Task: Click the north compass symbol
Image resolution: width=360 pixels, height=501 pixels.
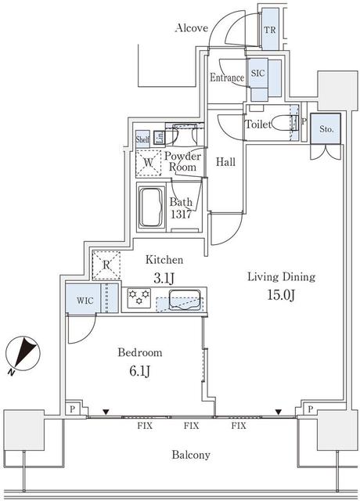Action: tap(23, 355)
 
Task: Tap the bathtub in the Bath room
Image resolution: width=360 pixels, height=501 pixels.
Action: tap(152, 207)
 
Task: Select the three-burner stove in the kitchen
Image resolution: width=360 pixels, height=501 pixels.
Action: tap(139, 297)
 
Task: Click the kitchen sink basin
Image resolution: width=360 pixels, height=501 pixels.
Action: tap(185, 300)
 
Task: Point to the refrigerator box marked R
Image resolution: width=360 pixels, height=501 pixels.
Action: tap(106, 265)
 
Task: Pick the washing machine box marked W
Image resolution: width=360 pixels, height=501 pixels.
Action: tap(148, 163)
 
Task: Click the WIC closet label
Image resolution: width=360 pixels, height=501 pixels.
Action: tap(85, 301)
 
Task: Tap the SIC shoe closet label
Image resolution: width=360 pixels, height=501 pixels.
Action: tap(257, 73)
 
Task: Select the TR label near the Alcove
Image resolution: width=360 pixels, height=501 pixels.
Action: tap(270, 30)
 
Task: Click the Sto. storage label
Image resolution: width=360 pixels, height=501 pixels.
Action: tap(326, 129)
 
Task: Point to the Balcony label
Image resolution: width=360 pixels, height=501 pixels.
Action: tap(191, 455)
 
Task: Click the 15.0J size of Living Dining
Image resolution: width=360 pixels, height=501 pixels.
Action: tap(281, 296)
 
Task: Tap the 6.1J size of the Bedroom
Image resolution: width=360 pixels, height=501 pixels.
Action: tap(140, 371)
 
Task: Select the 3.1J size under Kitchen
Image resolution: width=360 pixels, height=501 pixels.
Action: tap(164, 279)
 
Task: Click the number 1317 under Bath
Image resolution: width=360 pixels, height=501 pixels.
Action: tap(181, 214)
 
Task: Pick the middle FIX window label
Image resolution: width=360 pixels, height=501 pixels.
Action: tap(191, 426)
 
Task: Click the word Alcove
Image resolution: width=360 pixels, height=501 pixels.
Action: tap(192, 28)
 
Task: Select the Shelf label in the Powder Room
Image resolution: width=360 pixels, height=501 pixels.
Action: tap(142, 139)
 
